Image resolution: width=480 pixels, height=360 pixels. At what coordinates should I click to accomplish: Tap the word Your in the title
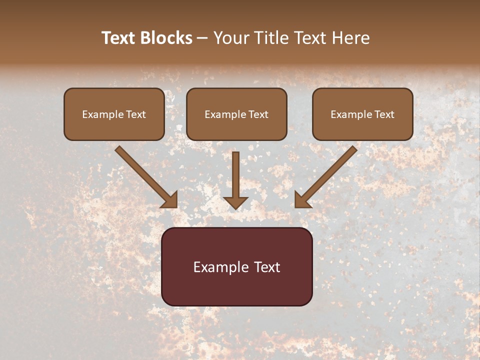[232, 38]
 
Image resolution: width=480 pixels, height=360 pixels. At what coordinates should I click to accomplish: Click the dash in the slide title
[202, 38]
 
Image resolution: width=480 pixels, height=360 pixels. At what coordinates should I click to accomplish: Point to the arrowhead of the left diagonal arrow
[171, 200]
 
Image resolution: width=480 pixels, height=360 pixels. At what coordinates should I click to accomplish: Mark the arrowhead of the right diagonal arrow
[301, 200]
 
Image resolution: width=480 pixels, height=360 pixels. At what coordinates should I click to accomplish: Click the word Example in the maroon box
[215, 267]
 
